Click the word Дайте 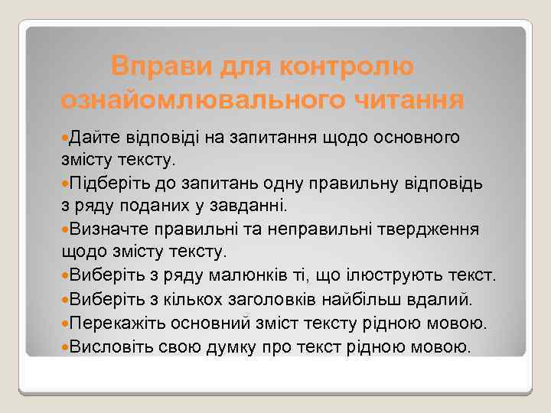point(98,138)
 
